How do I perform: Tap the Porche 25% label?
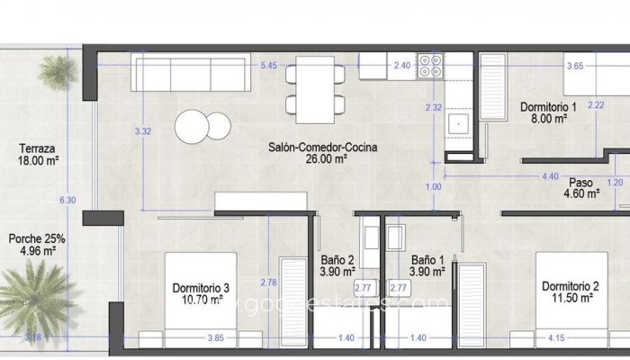[x=37, y=239]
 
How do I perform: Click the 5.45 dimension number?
[x=268, y=65]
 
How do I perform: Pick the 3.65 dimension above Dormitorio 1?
[x=575, y=65]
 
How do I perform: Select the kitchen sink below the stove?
[x=461, y=122]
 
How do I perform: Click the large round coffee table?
[x=193, y=125]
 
